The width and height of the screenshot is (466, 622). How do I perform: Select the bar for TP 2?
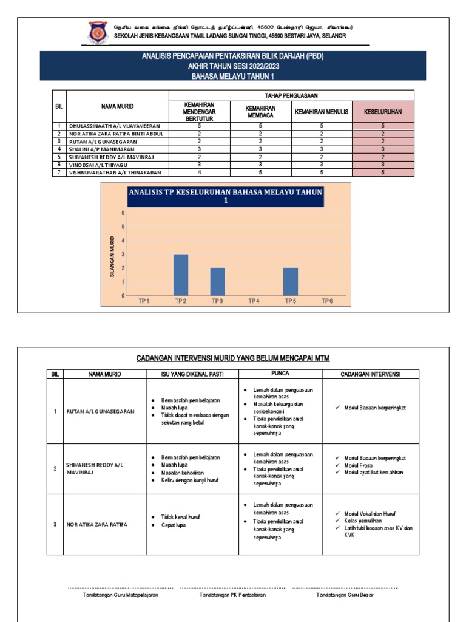pyautogui.click(x=181, y=275)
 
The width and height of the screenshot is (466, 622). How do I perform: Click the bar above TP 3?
pyautogui.click(x=217, y=282)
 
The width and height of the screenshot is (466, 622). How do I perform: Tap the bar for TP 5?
pyautogui.click(x=291, y=282)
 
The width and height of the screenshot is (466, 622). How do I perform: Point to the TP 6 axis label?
pyautogui.click(x=327, y=301)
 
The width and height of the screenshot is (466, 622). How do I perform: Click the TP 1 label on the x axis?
pyautogui.click(x=144, y=301)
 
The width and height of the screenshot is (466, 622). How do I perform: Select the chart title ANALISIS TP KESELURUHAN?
pyautogui.click(x=225, y=196)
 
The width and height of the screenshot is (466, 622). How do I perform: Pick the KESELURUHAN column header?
pyautogui.click(x=383, y=112)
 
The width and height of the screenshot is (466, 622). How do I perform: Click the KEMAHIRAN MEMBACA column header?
pyautogui.click(x=260, y=112)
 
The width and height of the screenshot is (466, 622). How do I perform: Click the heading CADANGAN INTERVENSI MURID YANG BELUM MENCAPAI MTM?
pyautogui.click(x=233, y=358)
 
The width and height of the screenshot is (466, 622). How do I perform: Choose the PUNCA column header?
pyautogui.click(x=280, y=374)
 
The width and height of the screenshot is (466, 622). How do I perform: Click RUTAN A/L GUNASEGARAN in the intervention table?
pyautogui.click(x=101, y=411)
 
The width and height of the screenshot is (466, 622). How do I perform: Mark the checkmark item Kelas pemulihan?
pyautogui.click(x=362, y=521)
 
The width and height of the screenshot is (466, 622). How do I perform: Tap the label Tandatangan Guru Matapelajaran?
pyautogui.click(x=120, y=595)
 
